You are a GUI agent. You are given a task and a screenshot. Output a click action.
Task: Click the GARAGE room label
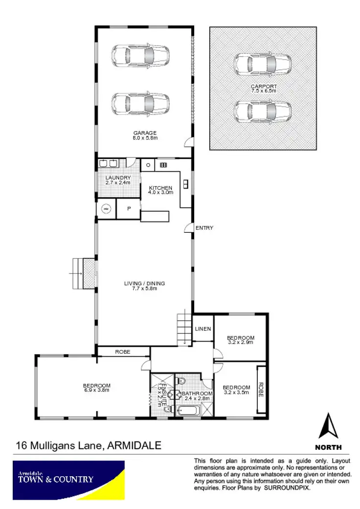click(145, 133)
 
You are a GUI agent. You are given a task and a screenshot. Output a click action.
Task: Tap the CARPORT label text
click(264, 87)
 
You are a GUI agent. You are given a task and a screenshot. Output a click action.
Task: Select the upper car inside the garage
click(141, 56)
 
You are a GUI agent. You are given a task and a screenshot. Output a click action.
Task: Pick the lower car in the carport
click(263, 112)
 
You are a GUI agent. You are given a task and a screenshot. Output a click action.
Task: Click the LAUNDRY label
click(118, 177)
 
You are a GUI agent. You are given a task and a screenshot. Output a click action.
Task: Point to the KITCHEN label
click(160, 188)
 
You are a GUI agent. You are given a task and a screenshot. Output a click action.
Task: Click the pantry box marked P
click(129, 209)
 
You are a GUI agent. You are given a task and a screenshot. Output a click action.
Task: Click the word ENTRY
click(204, 228)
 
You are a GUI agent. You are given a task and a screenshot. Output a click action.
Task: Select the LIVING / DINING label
click(144, 283)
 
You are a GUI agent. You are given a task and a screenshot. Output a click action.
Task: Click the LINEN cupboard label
click(203, 329)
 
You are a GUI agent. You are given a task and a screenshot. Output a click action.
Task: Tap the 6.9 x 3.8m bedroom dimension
click(96, 390)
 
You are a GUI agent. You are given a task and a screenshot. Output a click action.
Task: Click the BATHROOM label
click(197, 393)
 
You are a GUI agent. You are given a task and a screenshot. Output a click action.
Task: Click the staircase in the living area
click(184, 327)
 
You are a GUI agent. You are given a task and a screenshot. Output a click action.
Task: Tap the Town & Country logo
click(68, 480)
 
